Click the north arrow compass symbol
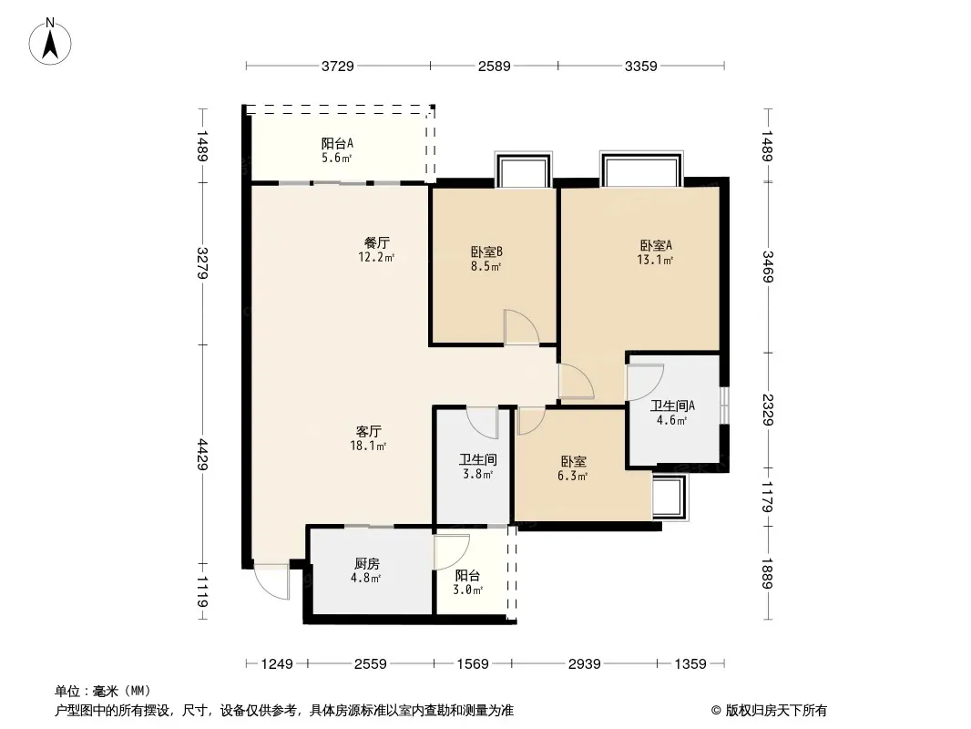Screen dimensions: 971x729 click(x=50, y=41)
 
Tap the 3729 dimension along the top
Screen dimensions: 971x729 click(x=338, y=66)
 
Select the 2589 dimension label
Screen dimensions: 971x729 click(x=495, y=66)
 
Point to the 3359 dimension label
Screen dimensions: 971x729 click(x=640, y=66)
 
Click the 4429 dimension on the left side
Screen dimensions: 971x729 click(x=202, y=455)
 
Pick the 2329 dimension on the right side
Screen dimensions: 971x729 click(x=768, y=409)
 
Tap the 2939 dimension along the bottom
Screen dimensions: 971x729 click(x=585, y=664)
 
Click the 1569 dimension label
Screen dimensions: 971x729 click(x=473, y=664)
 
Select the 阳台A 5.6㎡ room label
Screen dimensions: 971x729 click(x=337, y=150)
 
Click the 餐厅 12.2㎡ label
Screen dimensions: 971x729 click(x=376, y=250)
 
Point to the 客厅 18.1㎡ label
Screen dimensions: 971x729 click(x=369, y=438)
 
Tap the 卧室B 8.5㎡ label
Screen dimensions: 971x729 click(x=486, y=259)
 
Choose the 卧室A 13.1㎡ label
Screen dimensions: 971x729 click(x=655, y=252)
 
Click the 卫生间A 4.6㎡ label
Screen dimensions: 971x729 click(x=672, y=413)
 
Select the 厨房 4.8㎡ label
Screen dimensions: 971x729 click(x=366, y=570)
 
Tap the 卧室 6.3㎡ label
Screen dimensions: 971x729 click(x=573, y=468)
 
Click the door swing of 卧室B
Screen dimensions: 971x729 click(x=521, y=327)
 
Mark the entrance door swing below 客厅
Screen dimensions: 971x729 click(x=271, y=581)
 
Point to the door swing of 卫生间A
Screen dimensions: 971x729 click(x=645, y=382)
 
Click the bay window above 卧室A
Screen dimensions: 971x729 click(x=641, y=168)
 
